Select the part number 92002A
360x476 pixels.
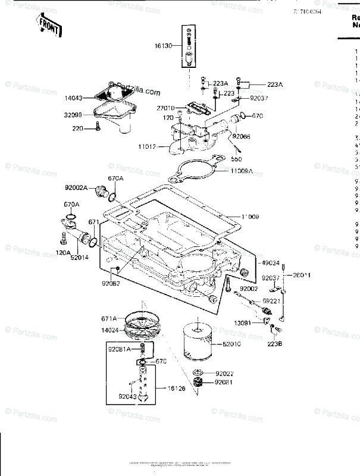pos(77,187)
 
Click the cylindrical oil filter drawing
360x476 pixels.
pos(196,342)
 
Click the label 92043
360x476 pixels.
pos(126,395)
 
